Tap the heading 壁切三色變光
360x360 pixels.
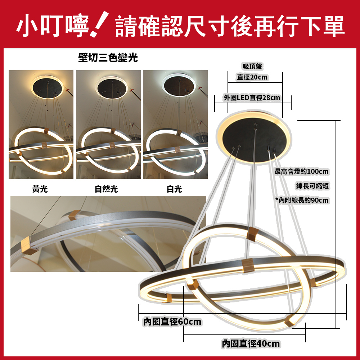tap(108, 57)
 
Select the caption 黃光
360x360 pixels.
tap(40, 189)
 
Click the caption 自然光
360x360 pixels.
tap(106, 189)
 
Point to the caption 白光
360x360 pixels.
tap(174, 189)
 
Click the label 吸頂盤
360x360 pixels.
tap(252, 66)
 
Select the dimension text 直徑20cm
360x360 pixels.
tap(252, 77)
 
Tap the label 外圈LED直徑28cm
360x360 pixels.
tap(252, 98)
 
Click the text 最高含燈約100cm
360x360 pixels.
tap(302, 171)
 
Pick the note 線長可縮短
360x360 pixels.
tap(312, 186)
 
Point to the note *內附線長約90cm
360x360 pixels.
tap(302, 200)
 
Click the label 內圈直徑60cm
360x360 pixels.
tap(172, 321)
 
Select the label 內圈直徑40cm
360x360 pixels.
tap(251, 344)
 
